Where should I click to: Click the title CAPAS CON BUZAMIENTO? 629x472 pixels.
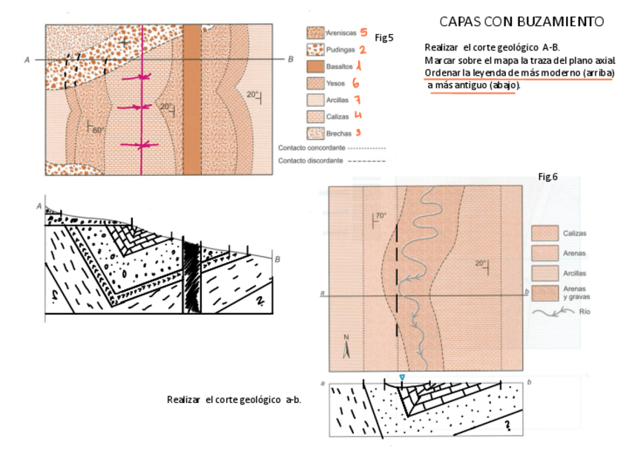521,21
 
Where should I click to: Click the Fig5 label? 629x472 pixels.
383,36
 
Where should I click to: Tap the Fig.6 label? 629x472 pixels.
547,177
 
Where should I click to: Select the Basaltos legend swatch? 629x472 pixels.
315,67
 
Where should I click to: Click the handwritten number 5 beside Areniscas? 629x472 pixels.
363,33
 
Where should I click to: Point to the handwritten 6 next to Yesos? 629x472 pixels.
355,83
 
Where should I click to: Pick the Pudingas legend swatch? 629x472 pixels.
315,50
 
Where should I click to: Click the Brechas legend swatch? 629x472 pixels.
315,133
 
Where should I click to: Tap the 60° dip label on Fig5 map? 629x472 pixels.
98,130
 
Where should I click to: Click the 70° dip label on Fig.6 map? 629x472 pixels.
381,216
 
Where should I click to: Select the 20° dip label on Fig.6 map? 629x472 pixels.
480,263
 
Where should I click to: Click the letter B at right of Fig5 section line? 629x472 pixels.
290,59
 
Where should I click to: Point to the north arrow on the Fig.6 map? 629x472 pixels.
346,348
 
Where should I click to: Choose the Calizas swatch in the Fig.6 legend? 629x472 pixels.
545,233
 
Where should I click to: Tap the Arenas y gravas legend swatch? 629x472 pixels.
545,292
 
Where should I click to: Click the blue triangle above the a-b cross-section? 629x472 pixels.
401,378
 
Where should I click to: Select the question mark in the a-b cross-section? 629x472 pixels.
508,425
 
